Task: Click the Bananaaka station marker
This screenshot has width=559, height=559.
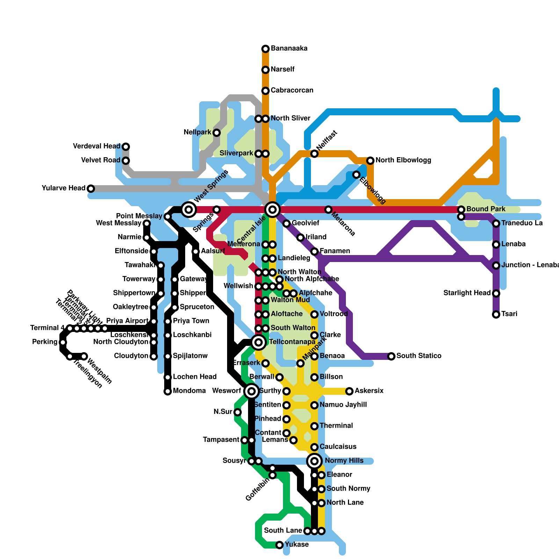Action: tap(266, 49)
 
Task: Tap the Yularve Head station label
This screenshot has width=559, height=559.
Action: tap(63, 188)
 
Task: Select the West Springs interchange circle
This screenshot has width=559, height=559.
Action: tap(189, 210)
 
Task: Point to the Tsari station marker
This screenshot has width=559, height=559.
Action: tap(496, 314)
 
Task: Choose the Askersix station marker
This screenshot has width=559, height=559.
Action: tap(349, 391)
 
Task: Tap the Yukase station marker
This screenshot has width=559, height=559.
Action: tap(279, 545)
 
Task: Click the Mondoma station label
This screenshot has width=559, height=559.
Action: tap(189, 391)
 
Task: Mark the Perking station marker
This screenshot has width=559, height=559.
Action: tap(63, 342)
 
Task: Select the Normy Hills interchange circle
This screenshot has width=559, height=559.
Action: tap(314, 461)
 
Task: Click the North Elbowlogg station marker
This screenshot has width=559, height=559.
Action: tap(370, 161)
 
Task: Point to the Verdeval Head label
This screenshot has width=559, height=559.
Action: tap(96, 146)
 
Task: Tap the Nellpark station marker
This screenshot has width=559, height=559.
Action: tap(217, 133)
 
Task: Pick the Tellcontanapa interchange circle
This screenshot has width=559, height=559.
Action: tap(259, 342)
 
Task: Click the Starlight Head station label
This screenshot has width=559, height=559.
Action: tap(467, 293)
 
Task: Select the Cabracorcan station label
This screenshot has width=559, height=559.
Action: tap(292, 90)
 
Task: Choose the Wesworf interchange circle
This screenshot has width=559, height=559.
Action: tap(252, 391)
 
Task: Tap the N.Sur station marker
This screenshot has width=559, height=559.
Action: tap(238, 412)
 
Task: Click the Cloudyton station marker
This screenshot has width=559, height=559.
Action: tap(154, 356)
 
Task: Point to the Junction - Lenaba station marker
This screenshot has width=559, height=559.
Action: tap(496, 266)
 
